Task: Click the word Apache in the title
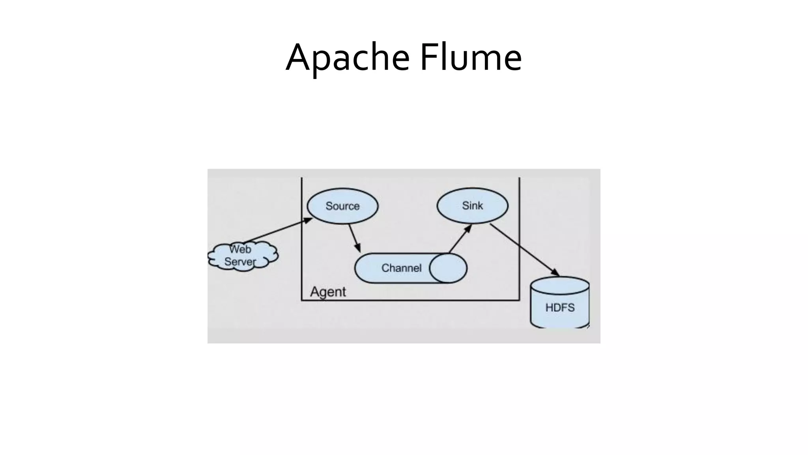click(x=347, y=58)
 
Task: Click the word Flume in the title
click(x=471, y=58)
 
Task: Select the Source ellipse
click(x=342, y=206)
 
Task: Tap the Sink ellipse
click(x=472, y=206)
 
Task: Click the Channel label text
click(x=401, y=268)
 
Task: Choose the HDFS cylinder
click(x=559, y=307)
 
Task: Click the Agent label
click(x=328, y=292)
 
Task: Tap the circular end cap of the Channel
click(x=448, y=268)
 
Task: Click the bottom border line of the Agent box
click(x=410, y=301)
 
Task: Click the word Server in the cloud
click(x=240, y=262)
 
